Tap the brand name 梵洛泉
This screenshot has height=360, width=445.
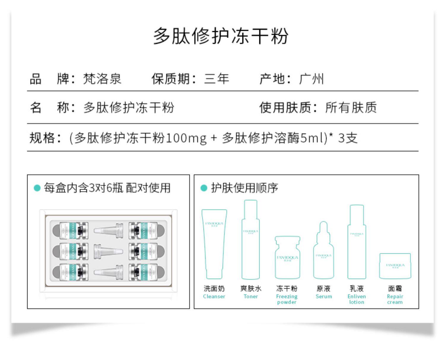click(102, 79)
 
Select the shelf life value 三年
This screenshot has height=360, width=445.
click(217, 79)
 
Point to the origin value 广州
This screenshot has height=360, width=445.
click(311, 79)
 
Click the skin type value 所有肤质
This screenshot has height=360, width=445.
click(351, 107)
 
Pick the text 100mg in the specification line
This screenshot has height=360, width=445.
click(186, 138)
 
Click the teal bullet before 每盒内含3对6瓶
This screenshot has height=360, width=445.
click(37, 188)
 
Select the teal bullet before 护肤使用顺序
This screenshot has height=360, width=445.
click(204, 188)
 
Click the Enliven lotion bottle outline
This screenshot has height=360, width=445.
click(357, 242)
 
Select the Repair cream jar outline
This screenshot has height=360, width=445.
click(395, 266)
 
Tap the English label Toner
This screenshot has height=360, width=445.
click(251, 296)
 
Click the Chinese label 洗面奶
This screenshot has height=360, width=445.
click(214, 289)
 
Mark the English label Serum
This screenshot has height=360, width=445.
click(324, 296)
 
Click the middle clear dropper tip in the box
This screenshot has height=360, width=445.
click(108, 251)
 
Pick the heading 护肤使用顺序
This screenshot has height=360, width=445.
click(244, 188)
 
